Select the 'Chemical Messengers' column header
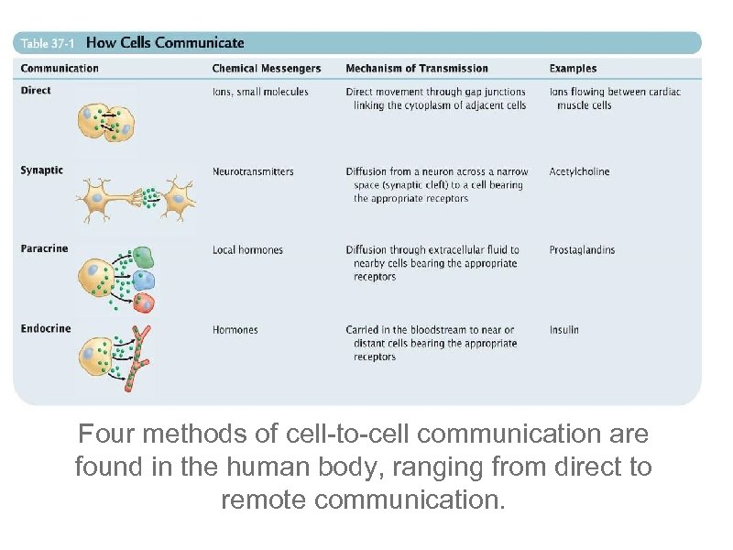[x=267, y=68]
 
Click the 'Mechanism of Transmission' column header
[x=417, y=68]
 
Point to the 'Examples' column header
[x=573, y=68]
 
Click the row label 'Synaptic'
[x=42, y=170]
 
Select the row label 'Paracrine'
[x=44, y=248]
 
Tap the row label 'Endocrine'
[x=45, y=328]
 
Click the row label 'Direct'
[x=36, y=90]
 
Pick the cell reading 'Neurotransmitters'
[x=253, y=171]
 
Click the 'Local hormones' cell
[x=247, y=249]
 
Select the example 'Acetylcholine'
[x=579, y=171]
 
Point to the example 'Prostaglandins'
[x=582, y=249]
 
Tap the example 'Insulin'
[x=564, y=329]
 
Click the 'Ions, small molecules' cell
[x=260, y=92]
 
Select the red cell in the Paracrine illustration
[x=144, y=302]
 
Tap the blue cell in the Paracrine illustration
[x=144, y=280]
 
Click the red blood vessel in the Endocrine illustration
[x=140, y=359]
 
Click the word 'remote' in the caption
[x=267, y=500]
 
